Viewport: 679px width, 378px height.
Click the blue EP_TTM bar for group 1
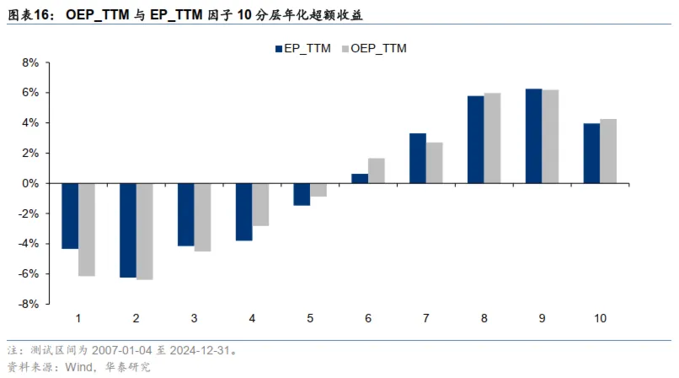[x=70, y=215]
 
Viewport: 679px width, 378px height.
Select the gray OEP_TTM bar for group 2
[x=144, y=230]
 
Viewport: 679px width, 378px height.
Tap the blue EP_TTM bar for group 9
[x=533, y=136]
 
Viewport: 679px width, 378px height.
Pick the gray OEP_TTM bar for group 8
[x=492, y=138]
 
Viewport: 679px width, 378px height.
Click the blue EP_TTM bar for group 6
[x=360, y=178]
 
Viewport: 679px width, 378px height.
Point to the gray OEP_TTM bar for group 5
[x=318, y=190]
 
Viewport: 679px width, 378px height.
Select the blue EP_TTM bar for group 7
[x=418, y=158]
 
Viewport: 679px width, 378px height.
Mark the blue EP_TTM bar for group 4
[x=243, y=212]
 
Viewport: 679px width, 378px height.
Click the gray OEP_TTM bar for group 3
[x=202, y=217]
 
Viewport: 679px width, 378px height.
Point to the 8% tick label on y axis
[x=31, y=62]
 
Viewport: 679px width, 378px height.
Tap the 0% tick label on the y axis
[x=31, y=183]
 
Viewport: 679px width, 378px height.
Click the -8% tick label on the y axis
[x=29, y=304]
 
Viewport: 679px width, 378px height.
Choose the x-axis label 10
[x=600, y=318]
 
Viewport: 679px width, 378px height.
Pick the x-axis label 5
[x=310, y=318]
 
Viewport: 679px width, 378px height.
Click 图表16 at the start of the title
[x=29, y=15]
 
